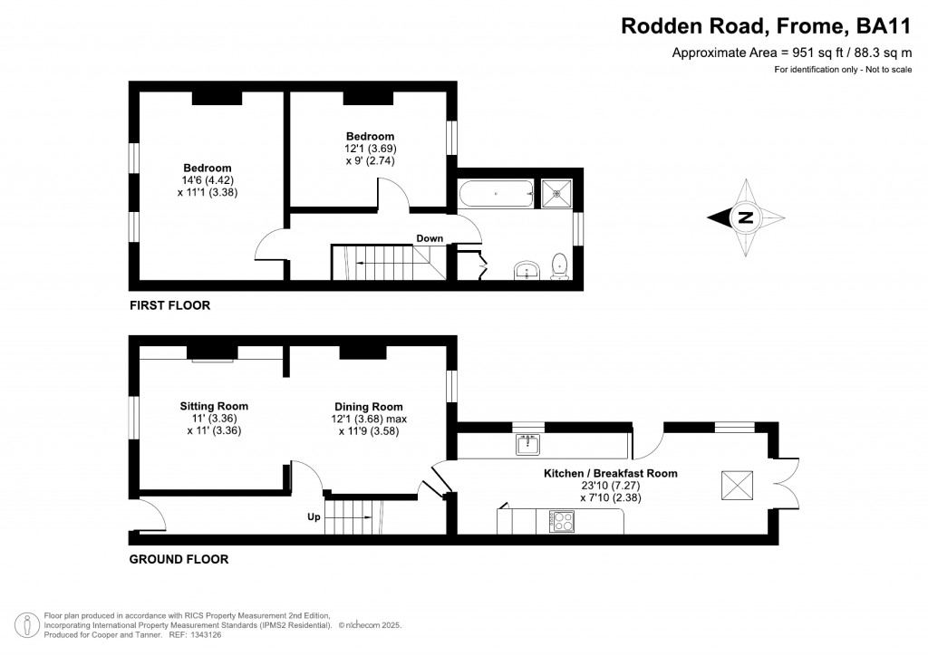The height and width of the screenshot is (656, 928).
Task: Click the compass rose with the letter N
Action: (x=745, y=217)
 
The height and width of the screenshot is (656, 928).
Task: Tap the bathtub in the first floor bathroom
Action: (x=497, y=193)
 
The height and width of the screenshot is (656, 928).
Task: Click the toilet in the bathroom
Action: (x=560, y=265)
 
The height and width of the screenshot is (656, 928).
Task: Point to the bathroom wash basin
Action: (x=527, y=270)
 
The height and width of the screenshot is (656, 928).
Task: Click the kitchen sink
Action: (x=527, y=444)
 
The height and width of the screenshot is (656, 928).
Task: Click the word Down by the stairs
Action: (x=430, y=239)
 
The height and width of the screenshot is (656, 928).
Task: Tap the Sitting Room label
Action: (x=214, y=406)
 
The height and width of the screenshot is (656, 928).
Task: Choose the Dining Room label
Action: (x=368, y=407)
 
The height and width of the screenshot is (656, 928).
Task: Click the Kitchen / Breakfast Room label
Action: (x=610, y=473)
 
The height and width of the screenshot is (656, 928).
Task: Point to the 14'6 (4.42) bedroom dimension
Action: (x=208, y=179)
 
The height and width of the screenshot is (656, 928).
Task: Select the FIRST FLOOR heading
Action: (x=169, y=305)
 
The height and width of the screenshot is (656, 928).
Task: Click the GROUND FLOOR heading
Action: (x=179, y=559)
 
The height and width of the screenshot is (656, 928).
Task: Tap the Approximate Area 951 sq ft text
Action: (x=790, y=53)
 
